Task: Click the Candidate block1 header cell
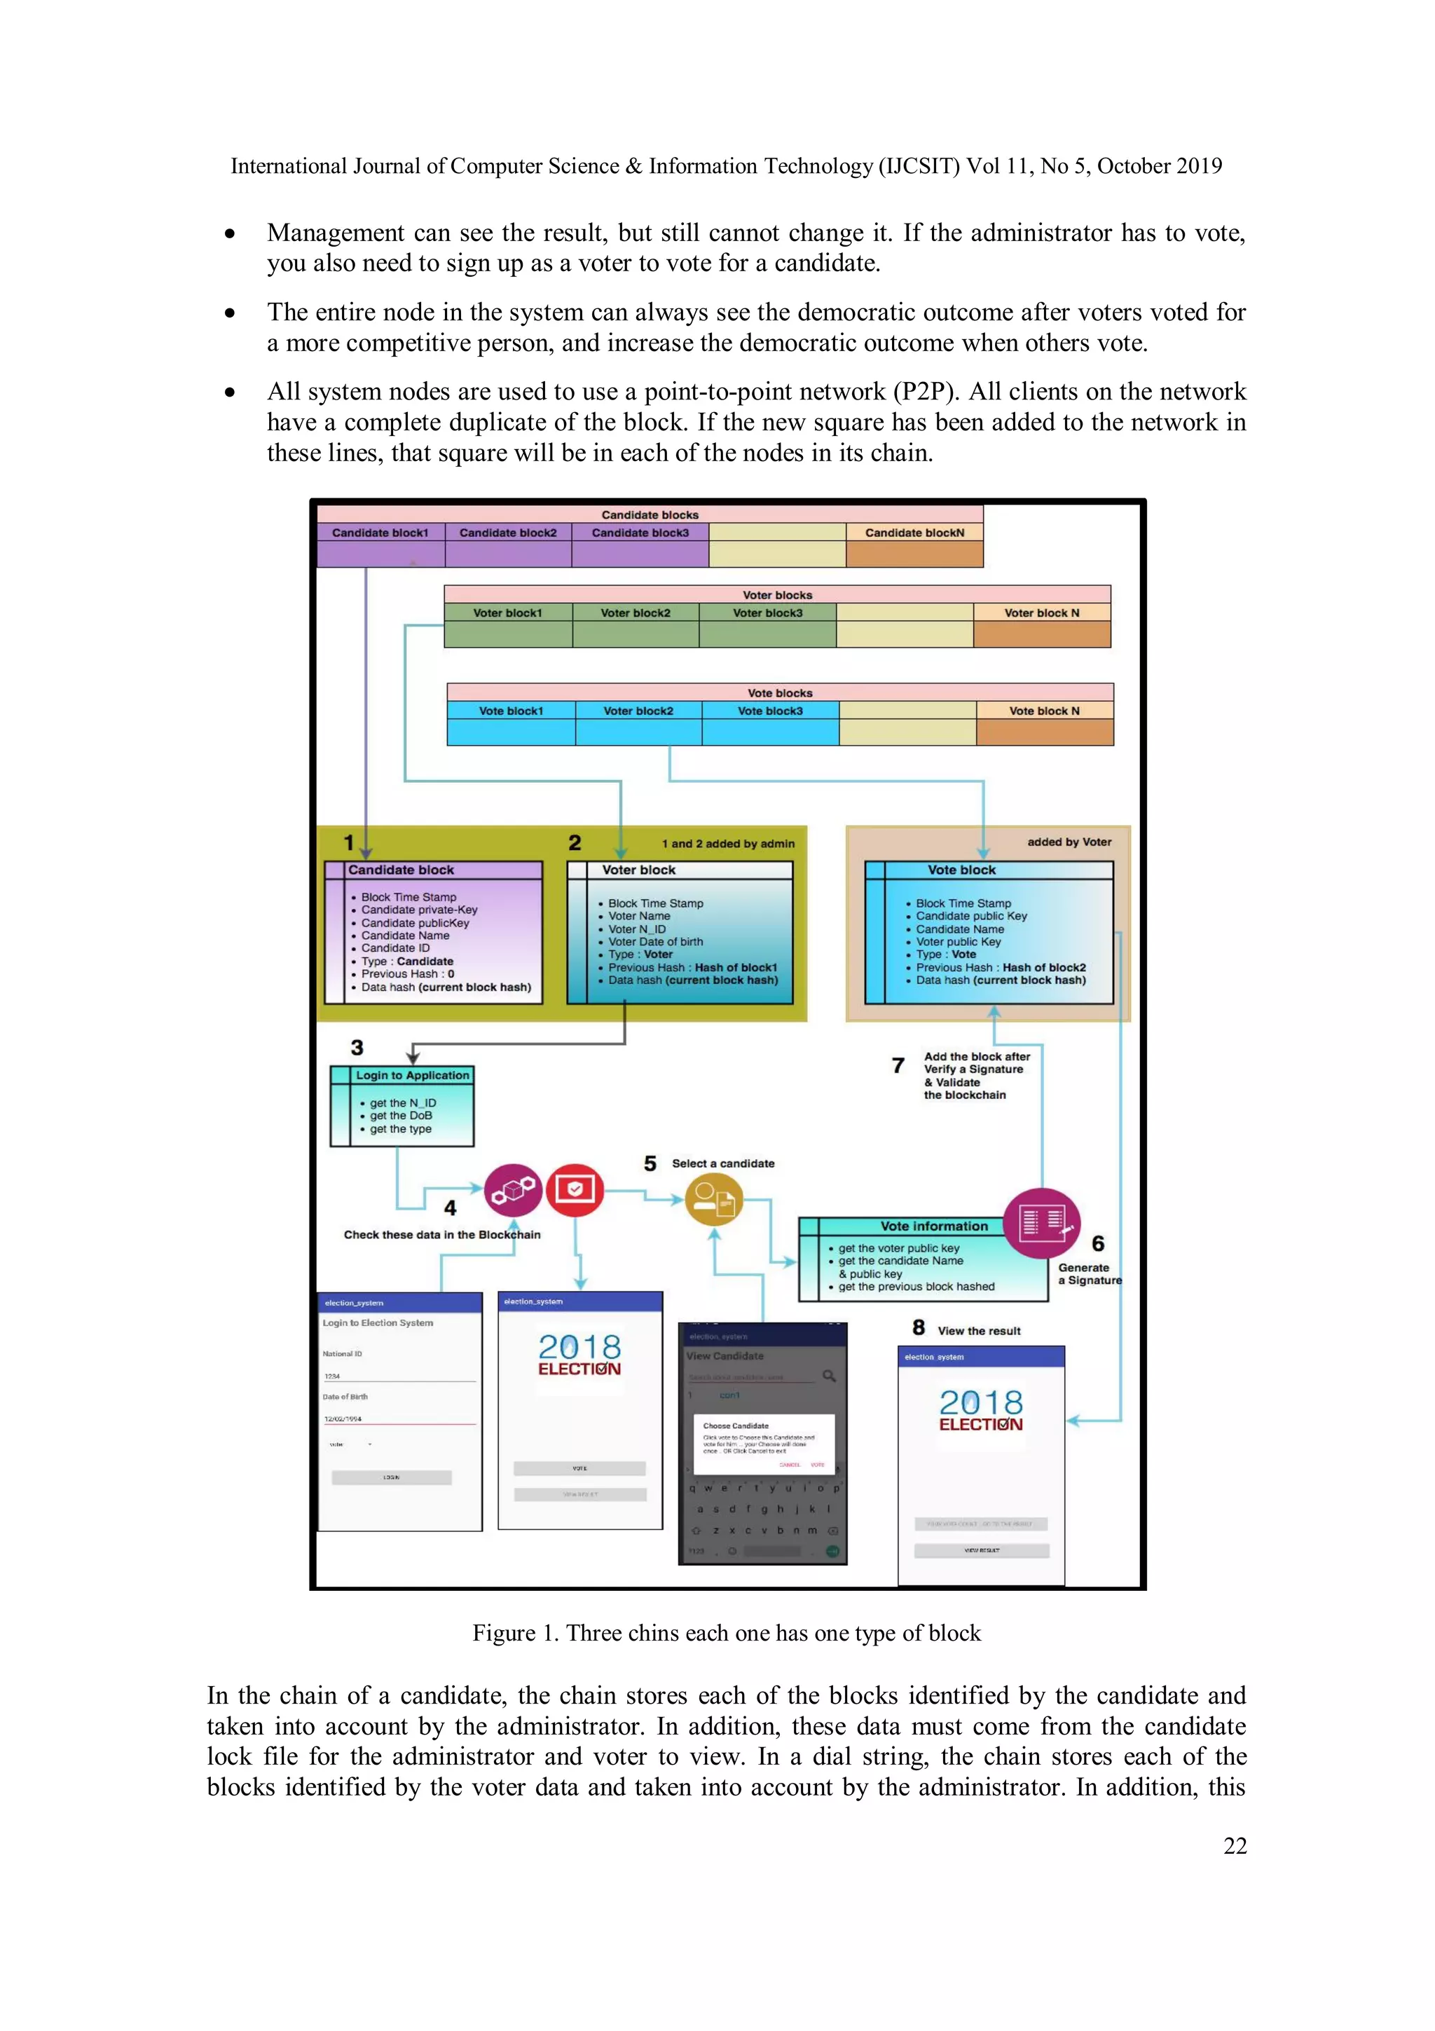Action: point(380,533)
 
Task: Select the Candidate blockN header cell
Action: point(914,533)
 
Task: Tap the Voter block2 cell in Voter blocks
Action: point(635,613)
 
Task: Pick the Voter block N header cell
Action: point(1041,613)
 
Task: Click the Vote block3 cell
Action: point(770,711)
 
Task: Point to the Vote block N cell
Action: point(1044,711)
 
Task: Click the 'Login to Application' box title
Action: point(412,1076)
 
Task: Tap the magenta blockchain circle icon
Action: point(513,1191)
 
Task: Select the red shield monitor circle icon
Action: point(575,1191)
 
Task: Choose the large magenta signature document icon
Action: point(1041,1224)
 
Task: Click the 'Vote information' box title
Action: point(934,1226)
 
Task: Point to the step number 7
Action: point(898,1066)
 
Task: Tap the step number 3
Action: point(357,1048)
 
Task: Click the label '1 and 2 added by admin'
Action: point(728,844)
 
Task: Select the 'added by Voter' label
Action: point(1069,842)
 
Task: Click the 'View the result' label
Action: point(979,1332)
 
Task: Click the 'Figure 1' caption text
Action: point(726,1633)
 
